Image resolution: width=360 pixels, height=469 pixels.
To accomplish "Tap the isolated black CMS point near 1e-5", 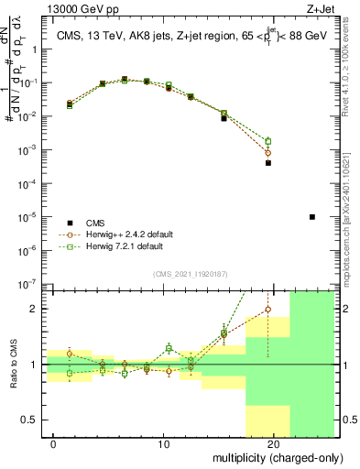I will (x=312, y=217).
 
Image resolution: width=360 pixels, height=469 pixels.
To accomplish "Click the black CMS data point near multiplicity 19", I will (x=268, y=163).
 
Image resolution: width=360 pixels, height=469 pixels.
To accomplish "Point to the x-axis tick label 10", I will (x=163, y=444).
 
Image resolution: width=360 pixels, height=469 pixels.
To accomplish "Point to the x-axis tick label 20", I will (x=273, y=444).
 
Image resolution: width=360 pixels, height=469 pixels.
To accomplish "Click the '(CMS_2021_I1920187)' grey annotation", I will (x=190, y=272).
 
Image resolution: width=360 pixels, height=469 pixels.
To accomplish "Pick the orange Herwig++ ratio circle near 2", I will (x=267, y=310).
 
